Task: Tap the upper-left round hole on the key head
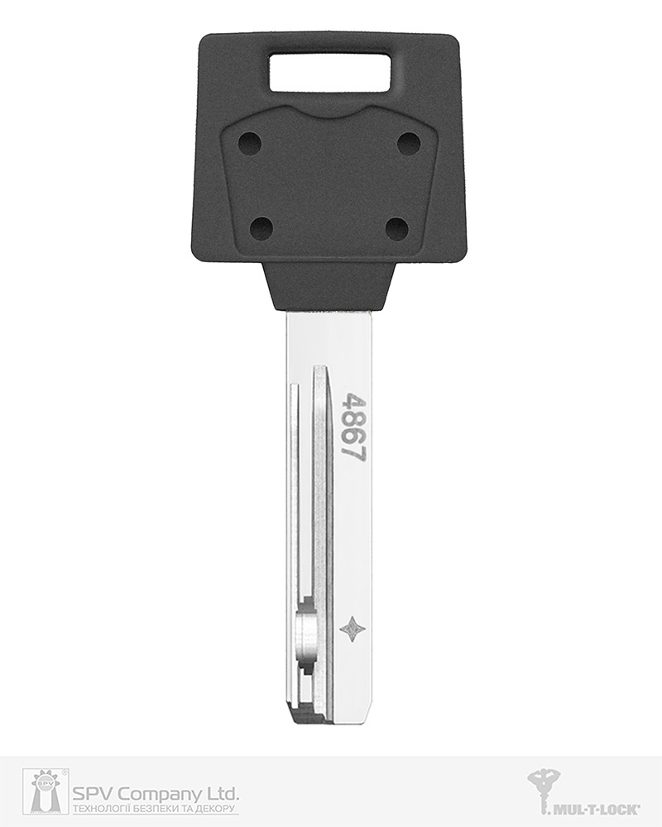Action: tap(250, 144)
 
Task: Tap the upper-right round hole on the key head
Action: tap(409, 144)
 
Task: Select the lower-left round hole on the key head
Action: tap(261, 227)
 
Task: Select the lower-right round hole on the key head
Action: tap(397, 227)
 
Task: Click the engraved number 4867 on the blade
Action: tap(353, 428)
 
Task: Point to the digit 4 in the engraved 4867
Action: tap(353, 402)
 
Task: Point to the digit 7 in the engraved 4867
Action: tap(353, 452)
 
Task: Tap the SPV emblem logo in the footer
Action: tap(45, 791)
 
